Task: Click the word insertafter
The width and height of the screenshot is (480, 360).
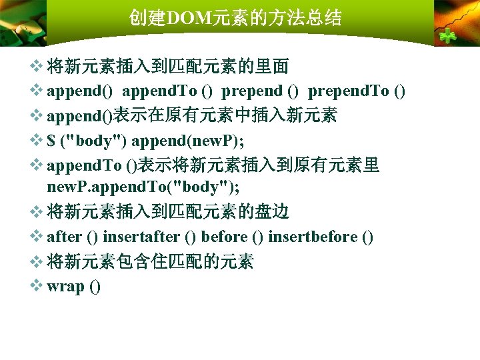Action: point(141,237)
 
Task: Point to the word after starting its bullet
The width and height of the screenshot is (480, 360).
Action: point(65,237)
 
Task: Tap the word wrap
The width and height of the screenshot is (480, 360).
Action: point(65,287)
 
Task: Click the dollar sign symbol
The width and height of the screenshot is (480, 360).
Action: point(51,141)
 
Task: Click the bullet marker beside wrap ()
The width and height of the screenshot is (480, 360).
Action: point(37,286)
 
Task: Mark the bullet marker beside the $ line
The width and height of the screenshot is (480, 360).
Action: point(37,140)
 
